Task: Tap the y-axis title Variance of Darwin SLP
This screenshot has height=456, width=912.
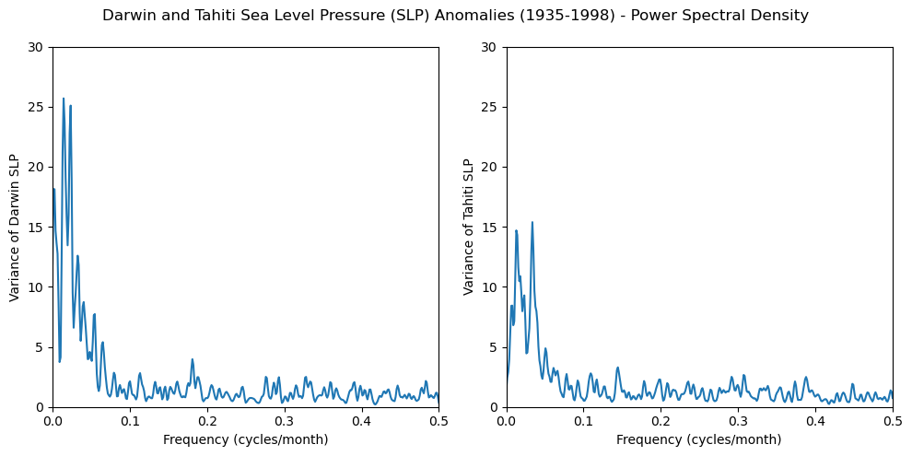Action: (x=14, y=227)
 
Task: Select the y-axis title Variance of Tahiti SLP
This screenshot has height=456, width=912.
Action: (x=468, y=227)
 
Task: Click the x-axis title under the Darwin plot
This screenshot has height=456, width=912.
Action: (x=245, y=439)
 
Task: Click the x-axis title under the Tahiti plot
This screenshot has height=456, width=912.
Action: (x=699, y=439)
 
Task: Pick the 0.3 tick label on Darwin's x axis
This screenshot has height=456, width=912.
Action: (x=284, y=421)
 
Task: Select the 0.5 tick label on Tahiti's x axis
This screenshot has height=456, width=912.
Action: (x=892, y=421)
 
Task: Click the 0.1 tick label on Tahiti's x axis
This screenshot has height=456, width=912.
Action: (x=583, y=421)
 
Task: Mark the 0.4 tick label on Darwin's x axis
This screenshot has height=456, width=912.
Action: (x=361, y=421)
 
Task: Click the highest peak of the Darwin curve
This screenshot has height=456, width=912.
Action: (x=64, y=99)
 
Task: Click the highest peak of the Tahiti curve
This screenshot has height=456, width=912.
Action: (x=532, y=222)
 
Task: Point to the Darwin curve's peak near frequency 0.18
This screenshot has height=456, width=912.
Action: (x=193, y=359)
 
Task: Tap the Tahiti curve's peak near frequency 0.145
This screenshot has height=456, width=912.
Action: (x=617, y=368)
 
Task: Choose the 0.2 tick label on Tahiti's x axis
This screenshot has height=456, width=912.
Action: (x=661, y=421)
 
